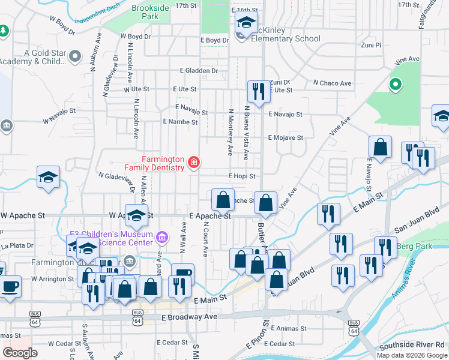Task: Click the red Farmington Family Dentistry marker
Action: [x=194, y=162]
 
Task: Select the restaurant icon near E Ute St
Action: [x=258, y=92]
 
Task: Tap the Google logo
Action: [x=19, y=353]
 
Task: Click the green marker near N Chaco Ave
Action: [x=395, y=85]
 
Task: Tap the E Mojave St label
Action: [x=286, y=137]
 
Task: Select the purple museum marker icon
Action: [x=161, y=238]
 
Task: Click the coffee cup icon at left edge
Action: [x=11, y=286]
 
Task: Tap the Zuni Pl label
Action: [x=370, y=45]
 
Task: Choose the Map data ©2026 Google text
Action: [x=412, y=355]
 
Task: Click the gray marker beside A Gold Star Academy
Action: [x=75, y=56]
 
